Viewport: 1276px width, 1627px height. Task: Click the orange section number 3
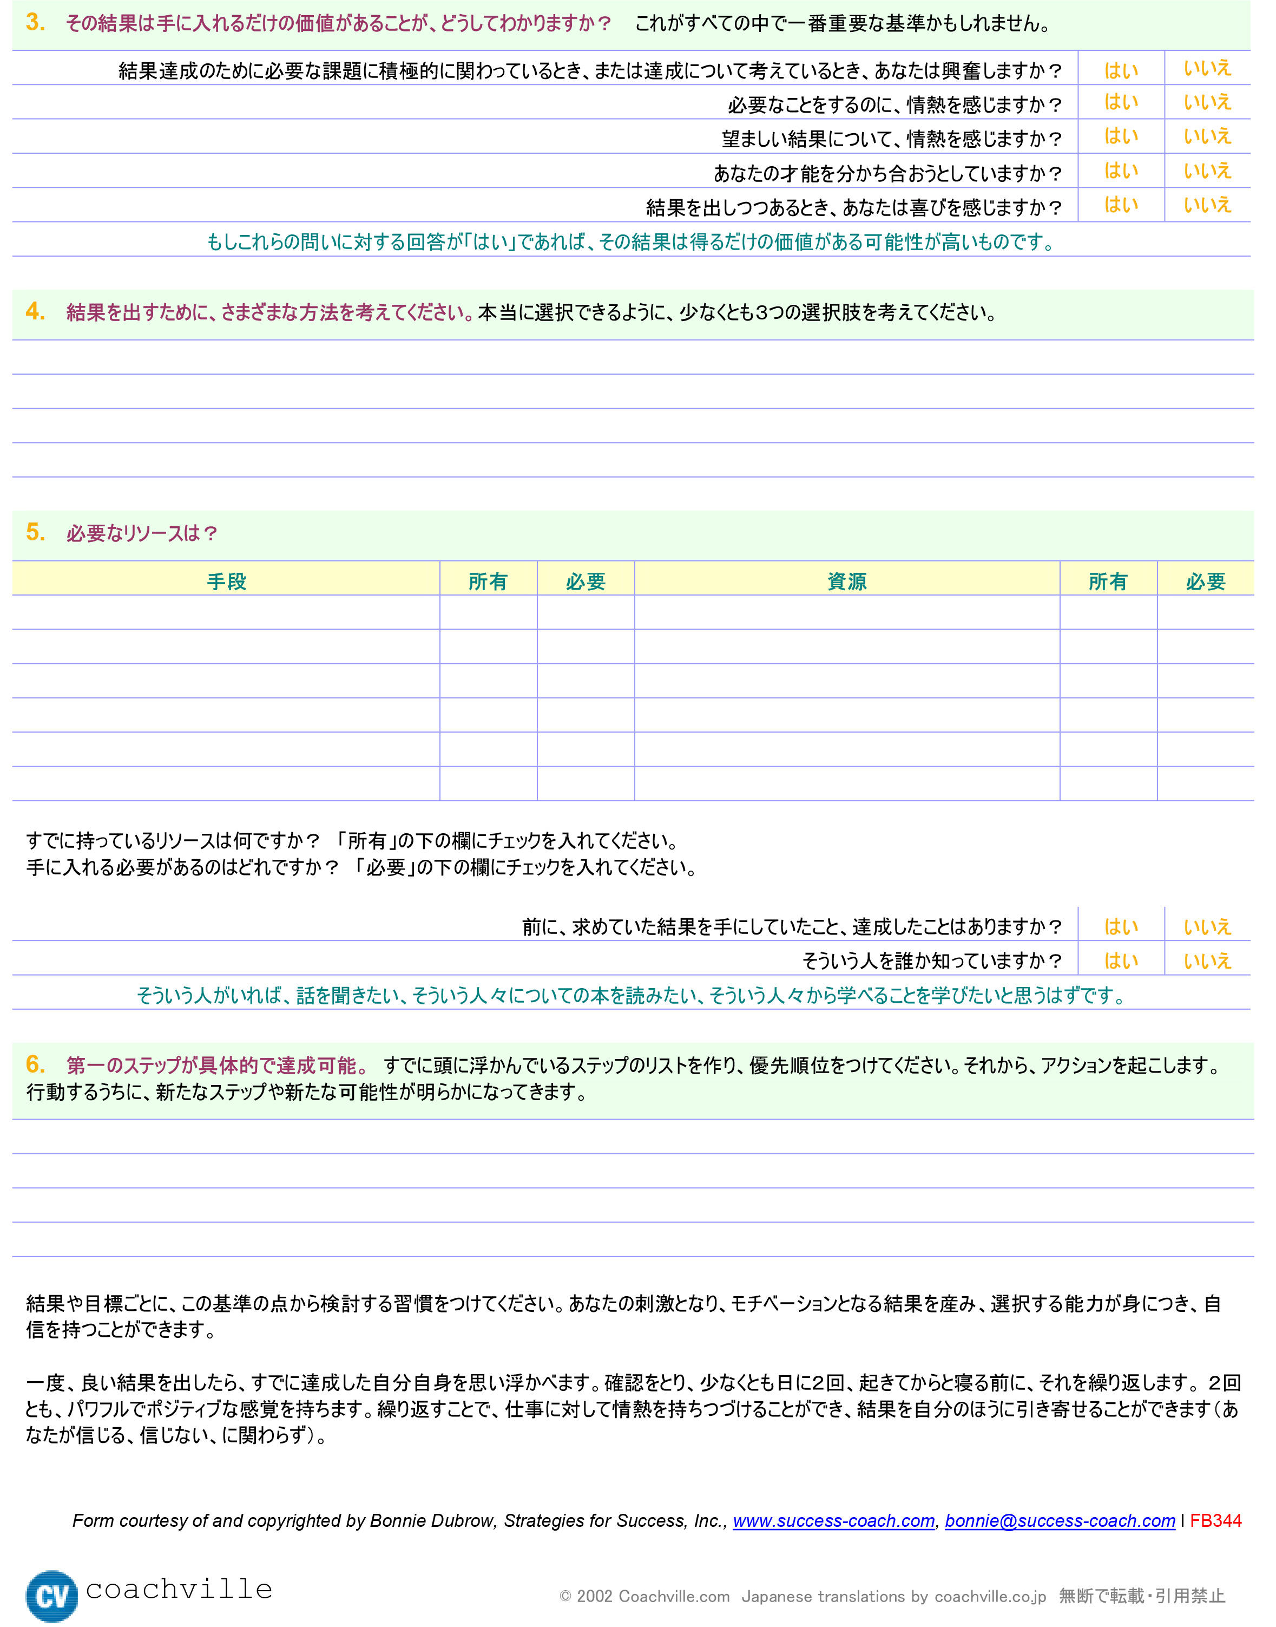35,22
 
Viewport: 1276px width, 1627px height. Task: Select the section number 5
35,532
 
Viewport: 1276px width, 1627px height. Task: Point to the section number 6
35,1063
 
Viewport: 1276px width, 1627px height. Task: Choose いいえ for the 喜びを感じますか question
1207,206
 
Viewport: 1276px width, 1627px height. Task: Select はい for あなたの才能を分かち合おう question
1121,171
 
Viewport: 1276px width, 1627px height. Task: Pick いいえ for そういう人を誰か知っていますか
1207,961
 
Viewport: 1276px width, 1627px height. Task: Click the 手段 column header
226,581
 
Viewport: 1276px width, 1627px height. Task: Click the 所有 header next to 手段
488,581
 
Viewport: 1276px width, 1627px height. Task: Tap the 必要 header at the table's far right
1205,581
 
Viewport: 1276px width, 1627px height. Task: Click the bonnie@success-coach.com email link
1060,1520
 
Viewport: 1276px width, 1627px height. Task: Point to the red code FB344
1215,1520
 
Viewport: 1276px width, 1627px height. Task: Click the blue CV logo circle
51,1596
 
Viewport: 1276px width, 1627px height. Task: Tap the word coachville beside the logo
179,1589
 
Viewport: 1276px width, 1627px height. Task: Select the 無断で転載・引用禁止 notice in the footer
1141,1596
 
